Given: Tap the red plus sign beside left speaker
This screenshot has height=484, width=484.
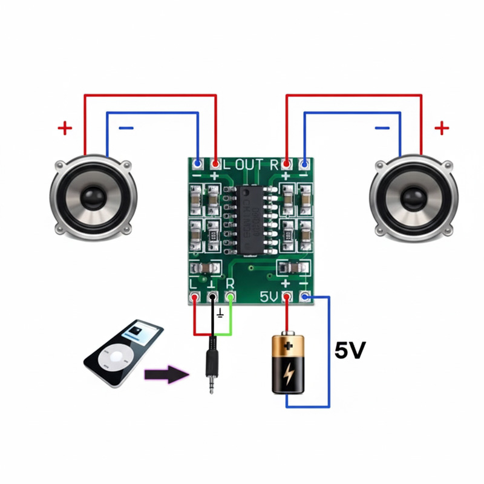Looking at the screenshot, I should coord(65,128).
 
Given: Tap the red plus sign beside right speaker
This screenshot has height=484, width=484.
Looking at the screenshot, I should coord(442,128).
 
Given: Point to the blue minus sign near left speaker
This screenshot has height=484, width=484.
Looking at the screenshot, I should coord(126,128).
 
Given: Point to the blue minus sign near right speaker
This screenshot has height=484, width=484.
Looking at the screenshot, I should coord(382,128).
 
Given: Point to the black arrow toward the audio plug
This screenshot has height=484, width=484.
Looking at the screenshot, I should coord(167,374).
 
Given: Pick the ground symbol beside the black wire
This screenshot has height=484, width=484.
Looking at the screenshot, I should coord(221,313).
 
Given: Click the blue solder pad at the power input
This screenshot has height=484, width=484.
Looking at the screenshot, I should coord(305,296).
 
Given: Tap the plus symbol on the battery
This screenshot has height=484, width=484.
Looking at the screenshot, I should coord(289,346).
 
